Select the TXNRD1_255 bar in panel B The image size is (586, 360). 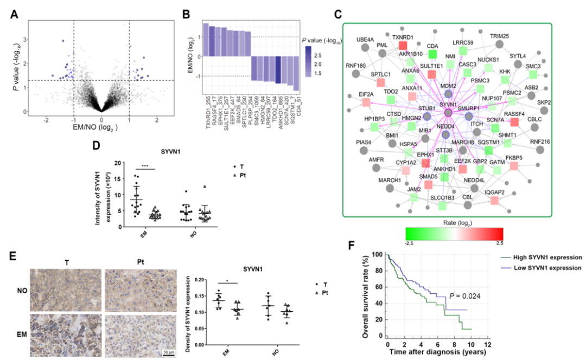pos(206,40)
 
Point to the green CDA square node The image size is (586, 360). pos(432,54)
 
